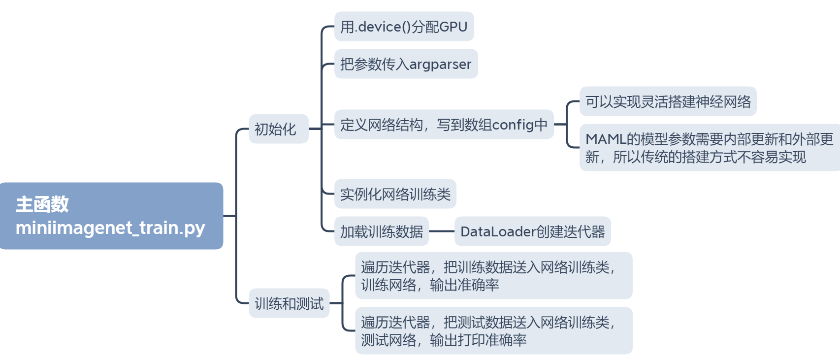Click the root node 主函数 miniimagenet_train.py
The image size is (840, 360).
(111, 216)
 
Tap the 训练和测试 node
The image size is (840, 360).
(289, 303)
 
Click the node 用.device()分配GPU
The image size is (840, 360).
(404, 27)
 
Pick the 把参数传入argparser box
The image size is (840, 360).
(406, 64)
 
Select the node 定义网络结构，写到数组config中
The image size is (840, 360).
(444, 125)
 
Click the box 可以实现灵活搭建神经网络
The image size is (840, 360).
(668, 101)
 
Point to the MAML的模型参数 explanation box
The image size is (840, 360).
(709, 148)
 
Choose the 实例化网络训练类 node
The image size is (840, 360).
(395, 194)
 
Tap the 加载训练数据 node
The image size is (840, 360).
(382, 231)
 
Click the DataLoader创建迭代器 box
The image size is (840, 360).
(532, 231)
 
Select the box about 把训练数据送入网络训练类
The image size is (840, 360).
(493, 276)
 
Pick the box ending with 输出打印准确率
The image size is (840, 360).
(493, 331)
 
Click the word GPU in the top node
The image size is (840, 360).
(453, 27)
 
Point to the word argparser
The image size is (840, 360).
(440, 65)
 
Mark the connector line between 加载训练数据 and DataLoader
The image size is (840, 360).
(442, 231)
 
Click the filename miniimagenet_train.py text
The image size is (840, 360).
(110, 228)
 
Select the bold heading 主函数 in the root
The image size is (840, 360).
(42, 204)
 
